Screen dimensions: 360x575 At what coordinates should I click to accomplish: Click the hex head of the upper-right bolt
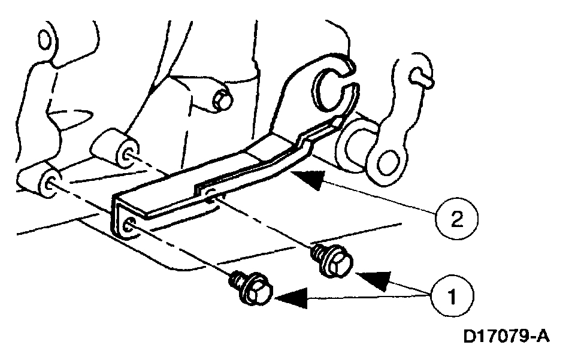(x=336, y=263)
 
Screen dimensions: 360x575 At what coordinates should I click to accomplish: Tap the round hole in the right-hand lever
(x=390, y=159)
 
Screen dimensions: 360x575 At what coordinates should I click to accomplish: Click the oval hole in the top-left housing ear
(x=43, y=40)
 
